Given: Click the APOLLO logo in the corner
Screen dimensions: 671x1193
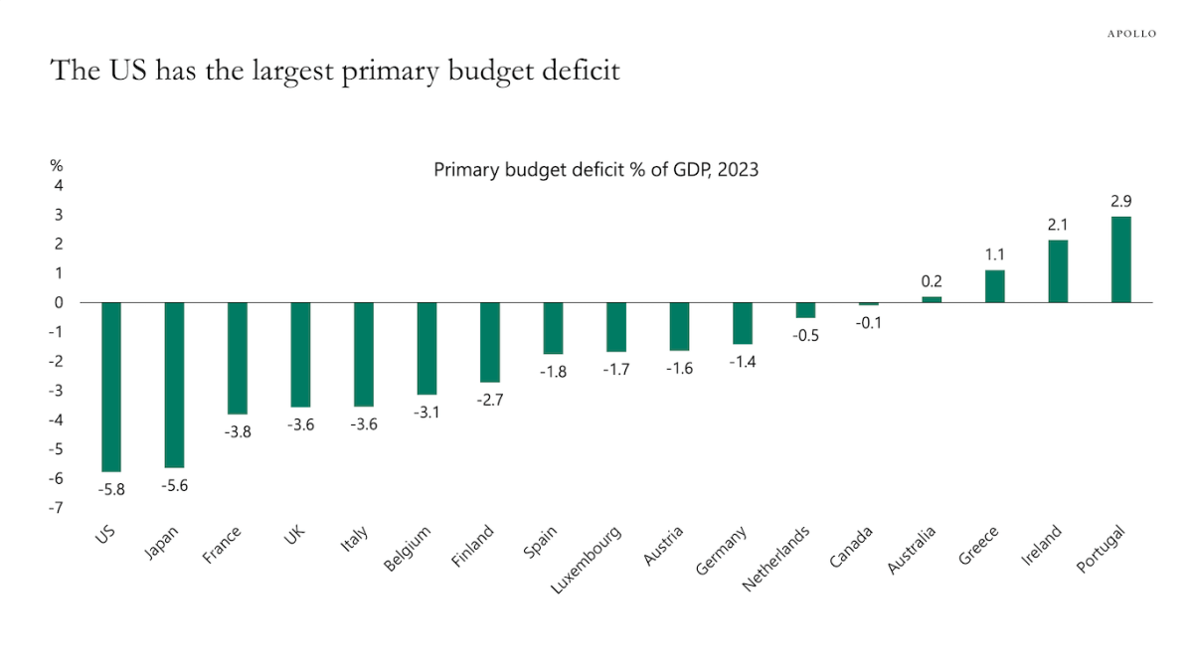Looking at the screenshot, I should (1131, 34).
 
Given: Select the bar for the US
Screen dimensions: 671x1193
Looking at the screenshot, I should (111, 387).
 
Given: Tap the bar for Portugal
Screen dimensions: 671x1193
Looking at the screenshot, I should (1120, 259).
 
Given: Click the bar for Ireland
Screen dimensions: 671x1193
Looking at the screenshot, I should (1058, 271).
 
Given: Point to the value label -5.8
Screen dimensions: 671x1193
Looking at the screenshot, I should (110, 489).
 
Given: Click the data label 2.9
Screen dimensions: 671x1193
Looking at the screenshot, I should (1120, 202).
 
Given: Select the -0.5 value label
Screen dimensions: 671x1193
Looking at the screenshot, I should (804, 335).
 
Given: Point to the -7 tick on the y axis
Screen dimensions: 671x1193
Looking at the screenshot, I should (58, 507).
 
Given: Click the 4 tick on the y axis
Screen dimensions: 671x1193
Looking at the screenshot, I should (59, 185).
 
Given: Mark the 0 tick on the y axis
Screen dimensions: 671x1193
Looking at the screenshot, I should (59, 302).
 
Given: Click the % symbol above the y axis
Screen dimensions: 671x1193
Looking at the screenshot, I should (57, 165).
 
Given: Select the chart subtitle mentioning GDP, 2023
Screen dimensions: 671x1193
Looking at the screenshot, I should (596, 170).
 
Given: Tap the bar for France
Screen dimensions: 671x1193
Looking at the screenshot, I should (238, 358).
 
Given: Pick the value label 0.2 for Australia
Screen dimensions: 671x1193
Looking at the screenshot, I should (932, 281).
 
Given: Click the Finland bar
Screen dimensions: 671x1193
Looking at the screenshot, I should (489, 342).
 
